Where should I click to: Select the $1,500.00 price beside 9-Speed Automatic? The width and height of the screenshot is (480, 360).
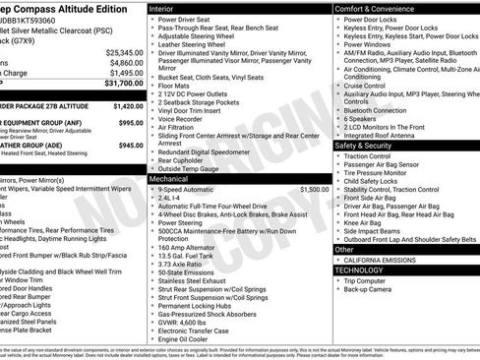(x=315, y=189)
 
